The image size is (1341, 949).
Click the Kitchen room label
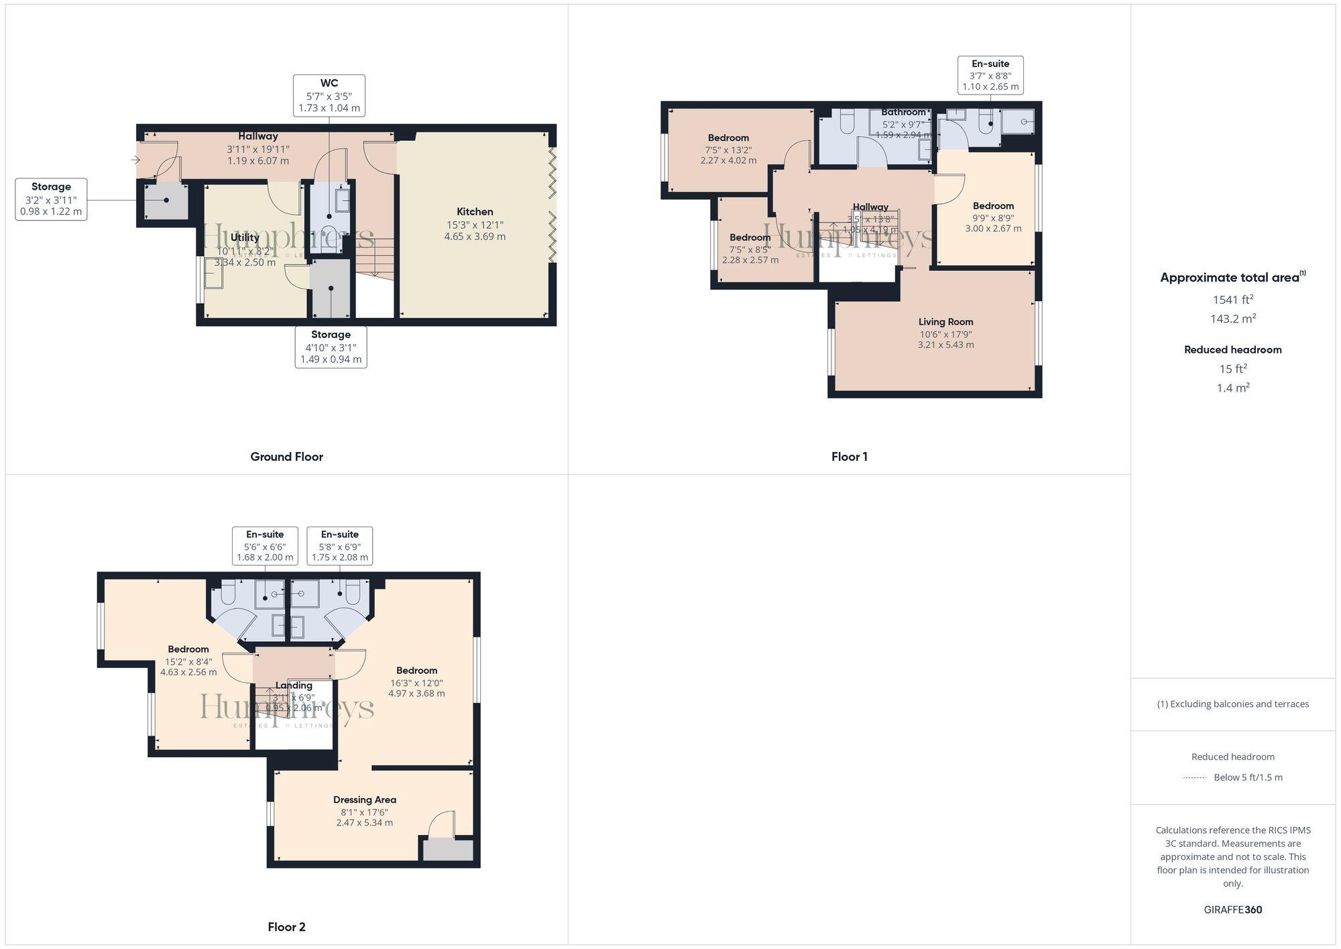tap(475, 212)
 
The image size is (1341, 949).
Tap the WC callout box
tap(329, 95)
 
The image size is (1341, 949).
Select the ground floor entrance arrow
tap(135, 160)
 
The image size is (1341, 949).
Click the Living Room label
tap(945, 322)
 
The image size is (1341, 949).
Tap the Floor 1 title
tap(849, 457)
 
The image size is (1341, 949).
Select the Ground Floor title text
tap(286, 457)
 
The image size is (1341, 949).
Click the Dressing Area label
tap(364, 799)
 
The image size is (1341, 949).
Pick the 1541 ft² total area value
tap(1232, 300)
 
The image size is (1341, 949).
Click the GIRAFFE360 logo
tap(1232, 909)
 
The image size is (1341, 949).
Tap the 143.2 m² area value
tap(1232, 319)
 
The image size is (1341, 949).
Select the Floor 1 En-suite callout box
tap(990, 75)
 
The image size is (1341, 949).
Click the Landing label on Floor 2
tap(294, 685)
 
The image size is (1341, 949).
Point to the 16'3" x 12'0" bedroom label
tap(416, 682)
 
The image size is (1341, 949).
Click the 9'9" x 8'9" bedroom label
tap(993, 217)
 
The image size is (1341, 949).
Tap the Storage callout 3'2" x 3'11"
tap(51, 199)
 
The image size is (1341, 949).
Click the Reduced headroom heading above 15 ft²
tap(1232, 349)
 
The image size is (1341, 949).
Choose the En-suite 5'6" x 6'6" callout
tap(265, 546)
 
